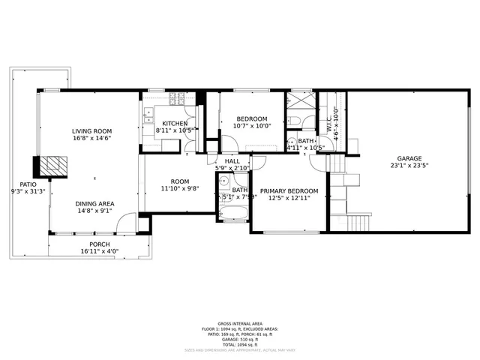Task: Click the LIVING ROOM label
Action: tap(91, 130)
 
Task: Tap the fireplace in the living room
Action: tap(53, 165)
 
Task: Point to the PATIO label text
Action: tap(28, 184)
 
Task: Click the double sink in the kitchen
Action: tap(148, 115)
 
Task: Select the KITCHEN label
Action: tap(175, 123)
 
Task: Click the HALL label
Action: tap(232, 161)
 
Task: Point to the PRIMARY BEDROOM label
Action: tap(289, 191)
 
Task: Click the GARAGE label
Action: tap(409, 159)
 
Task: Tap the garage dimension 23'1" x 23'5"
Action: tap(409, 166)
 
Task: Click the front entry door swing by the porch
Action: tap(128, 223)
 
